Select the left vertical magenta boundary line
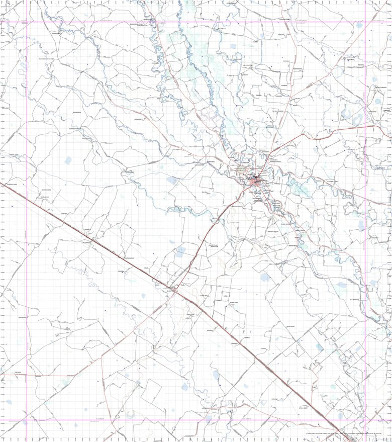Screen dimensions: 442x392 tap(27, 302)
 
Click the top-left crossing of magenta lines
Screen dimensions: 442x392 tap(27, 22)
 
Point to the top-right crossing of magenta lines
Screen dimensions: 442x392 tap(365, 22)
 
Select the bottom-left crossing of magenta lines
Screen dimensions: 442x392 tap(27, 420)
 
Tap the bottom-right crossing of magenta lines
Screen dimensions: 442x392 tap(365, 420)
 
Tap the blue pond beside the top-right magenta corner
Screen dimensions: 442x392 tap(360, 25)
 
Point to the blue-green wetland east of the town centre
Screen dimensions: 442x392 tap(302, 189)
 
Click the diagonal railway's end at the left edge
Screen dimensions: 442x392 tap(2, 180)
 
